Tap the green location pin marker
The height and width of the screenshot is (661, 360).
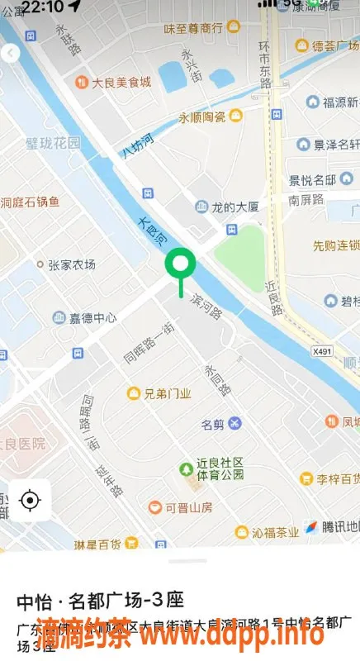pos(180,265)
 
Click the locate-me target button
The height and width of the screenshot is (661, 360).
pos(30,500)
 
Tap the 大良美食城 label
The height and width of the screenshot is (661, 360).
pos(121,82)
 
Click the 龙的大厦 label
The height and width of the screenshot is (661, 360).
pos(236,207)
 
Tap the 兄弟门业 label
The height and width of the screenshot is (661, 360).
pos(168,394)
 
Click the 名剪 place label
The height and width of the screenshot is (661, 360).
pos(213,425)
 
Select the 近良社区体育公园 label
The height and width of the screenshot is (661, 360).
pos(220,468)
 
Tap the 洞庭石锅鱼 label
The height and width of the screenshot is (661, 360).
pos(31,202)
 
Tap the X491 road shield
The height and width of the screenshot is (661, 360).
pos(323,351)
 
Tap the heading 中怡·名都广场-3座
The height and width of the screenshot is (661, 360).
pos(100,599)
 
